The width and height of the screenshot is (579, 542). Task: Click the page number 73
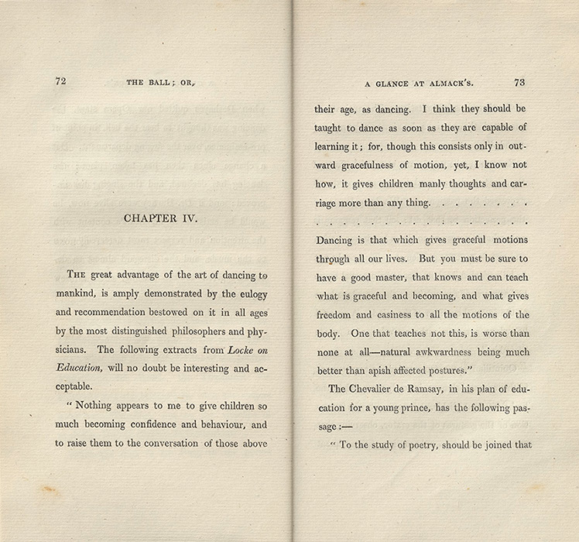[519, 81]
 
